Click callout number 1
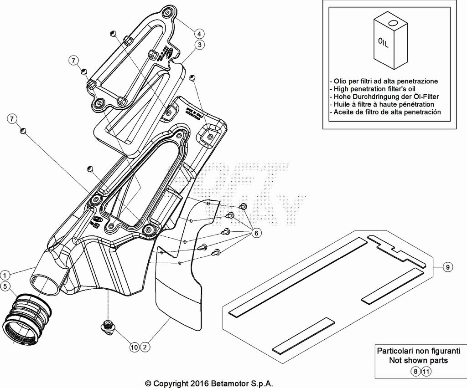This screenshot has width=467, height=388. click(x=5, y=275)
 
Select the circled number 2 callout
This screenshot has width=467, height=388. click(x=145, y=347)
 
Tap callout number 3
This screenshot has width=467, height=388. click(x=199, y=45)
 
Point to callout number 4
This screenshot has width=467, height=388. click(x=199, y=33)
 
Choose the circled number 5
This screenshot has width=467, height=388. click(x=5, y=286)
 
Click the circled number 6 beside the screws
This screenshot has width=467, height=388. click(x=256, y=233)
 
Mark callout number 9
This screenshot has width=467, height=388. click(x=448, y=267)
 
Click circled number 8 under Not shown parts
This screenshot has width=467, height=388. click(x=415, y=372)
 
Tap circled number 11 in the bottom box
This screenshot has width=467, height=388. click(x=425, y=372)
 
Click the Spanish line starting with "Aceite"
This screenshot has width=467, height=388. click(x=387, y=112)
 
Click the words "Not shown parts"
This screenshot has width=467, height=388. click(x=418, y=361)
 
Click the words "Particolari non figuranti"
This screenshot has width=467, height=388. click(x=418, y=351)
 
